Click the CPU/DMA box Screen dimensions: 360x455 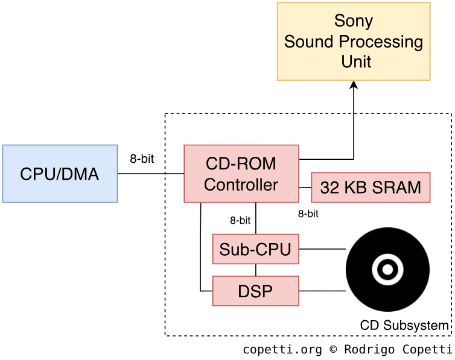tap(60, 174)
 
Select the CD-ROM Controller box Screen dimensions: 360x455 tap(241, 174)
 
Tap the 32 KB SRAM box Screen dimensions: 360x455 tap(371, 188)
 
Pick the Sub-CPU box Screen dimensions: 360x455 tap(255, 249)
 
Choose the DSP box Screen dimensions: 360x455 tap(255, 291)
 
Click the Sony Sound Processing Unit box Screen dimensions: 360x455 tap(354, 41)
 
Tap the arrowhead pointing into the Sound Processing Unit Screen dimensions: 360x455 tap(354, 86)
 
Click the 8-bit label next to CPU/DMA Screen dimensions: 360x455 tap(142, 159)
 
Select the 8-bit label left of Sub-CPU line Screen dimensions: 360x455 tap(240, 221)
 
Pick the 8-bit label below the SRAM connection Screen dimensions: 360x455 tap(308, 213)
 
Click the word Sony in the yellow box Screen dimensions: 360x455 tap(354, 21)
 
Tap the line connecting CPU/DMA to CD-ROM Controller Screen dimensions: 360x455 tap(150, 174)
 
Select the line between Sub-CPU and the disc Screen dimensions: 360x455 tap(322, 249)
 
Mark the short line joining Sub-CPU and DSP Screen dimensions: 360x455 tap(255, 270)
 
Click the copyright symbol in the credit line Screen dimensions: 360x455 tap(334, 349)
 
